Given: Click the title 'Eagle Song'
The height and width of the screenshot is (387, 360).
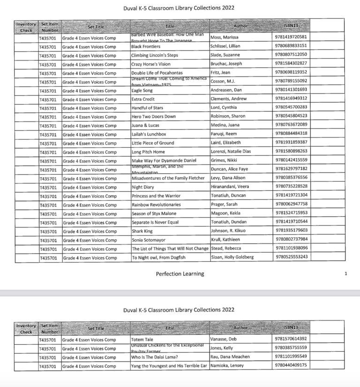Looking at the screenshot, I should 142,90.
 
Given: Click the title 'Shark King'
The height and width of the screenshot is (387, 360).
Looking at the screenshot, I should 142,231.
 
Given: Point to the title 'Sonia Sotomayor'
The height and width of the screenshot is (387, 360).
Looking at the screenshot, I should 148,240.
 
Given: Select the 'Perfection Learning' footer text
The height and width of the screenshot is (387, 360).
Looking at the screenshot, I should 180,274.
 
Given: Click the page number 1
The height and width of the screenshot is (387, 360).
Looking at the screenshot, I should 345,274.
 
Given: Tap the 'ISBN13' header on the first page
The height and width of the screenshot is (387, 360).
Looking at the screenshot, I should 291,25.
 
